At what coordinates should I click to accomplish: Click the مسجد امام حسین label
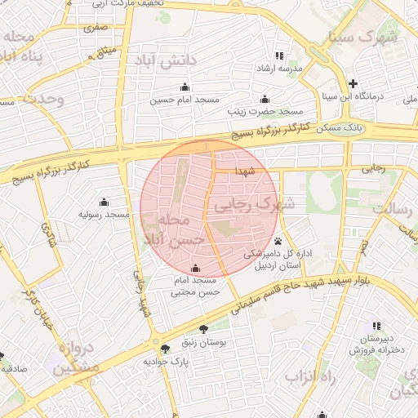click(x=185, y=100)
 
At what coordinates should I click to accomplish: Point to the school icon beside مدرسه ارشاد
click(x=279, y=56)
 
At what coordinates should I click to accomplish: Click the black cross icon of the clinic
click(x=352, y=83)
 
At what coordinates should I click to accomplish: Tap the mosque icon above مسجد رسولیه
click(x=104, y=202)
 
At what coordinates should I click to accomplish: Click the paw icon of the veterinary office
click(x=279, y=241)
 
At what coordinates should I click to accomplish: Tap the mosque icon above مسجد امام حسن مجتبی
click(x=194, y=268)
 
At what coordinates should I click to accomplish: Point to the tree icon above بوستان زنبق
click(x=202, y=331)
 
